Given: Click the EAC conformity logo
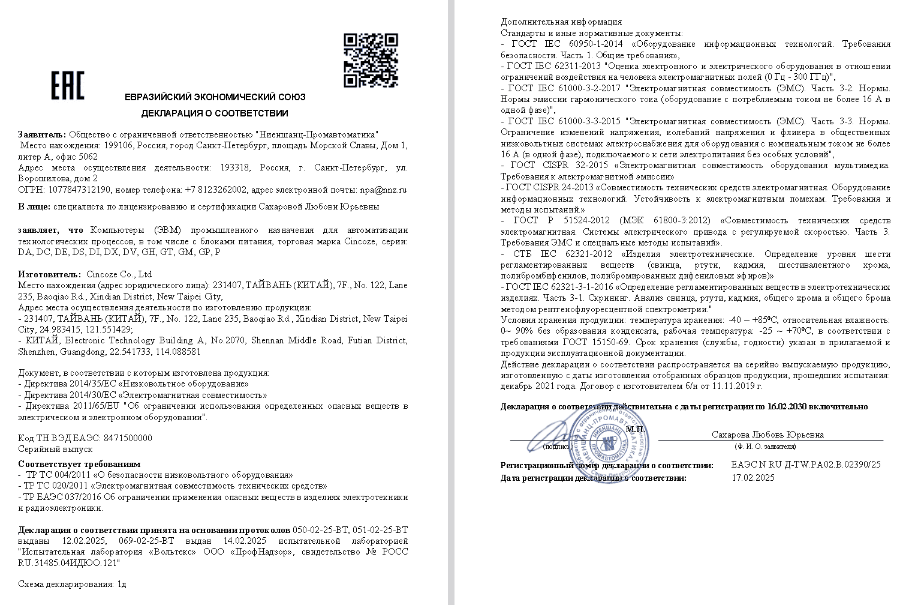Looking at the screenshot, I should pos(67,86).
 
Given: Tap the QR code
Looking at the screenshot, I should pos(371,60).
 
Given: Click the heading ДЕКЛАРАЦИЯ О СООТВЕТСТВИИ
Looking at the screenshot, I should pos(215,113).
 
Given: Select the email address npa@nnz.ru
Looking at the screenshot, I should pos(383,190).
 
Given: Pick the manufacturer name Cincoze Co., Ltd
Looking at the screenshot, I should pos(119,274).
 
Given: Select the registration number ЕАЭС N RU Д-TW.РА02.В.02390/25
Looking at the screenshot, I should pos(806,465).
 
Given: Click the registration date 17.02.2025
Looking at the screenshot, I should pos(753,478).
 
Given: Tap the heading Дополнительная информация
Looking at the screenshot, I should pos(561,22).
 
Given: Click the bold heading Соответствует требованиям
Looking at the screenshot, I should pos(79,463).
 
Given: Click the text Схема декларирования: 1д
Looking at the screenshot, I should pos(73,583).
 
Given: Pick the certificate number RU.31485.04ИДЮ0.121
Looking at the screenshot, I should pos(69,562).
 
